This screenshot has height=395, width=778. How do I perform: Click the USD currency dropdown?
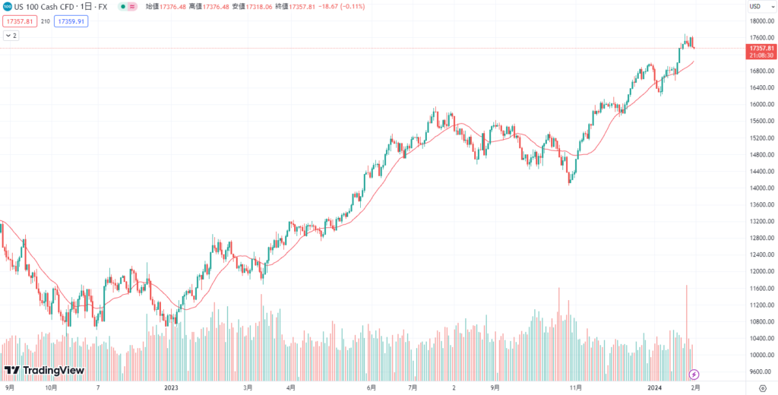(756, 7)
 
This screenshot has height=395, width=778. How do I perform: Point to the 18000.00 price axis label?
(761, 21)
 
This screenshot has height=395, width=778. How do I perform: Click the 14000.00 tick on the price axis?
(761, 188)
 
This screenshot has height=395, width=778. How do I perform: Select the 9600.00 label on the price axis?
(761, 371)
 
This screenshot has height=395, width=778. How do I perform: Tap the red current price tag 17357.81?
(761, 48)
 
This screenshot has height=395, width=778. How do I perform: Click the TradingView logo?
(44, 371)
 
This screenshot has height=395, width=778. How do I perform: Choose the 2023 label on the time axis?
(171, 387)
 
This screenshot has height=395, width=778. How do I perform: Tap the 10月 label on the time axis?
(52, 387)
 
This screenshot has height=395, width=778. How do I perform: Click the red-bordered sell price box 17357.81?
(19, 21)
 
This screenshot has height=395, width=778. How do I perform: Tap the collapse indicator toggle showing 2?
(11, 35)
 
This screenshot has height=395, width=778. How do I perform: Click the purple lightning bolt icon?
(694, 374)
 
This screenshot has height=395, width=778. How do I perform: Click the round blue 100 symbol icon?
(7, 7)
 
